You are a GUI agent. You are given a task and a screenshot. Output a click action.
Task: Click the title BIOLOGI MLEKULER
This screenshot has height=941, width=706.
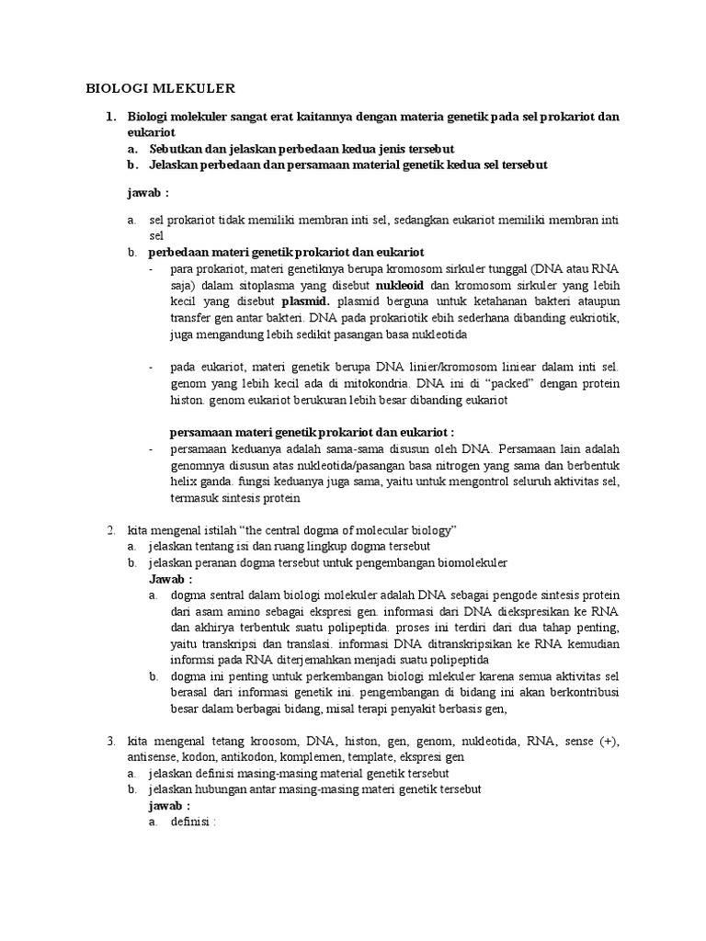click(161, 88)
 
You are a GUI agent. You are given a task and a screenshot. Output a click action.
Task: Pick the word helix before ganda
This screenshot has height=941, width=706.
click(185, 482)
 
